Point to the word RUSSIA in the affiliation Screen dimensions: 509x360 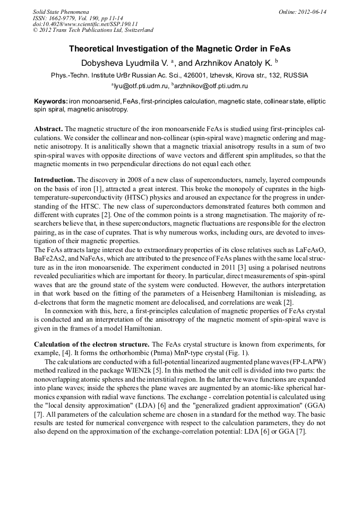(x=296, y=75)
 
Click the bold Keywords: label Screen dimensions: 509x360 (x=51, y=101)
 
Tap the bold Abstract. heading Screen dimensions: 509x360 (x=48, y=129)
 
